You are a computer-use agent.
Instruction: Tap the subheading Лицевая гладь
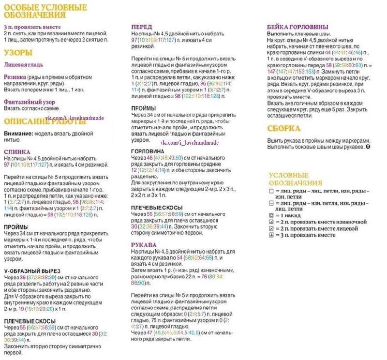[24, 64]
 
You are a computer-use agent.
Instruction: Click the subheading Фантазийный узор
[30, 102]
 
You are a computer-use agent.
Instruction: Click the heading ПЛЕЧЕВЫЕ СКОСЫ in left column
[30, 321]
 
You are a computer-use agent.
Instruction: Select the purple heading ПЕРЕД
[142, 27]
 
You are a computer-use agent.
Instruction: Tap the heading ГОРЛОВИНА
[149, 151]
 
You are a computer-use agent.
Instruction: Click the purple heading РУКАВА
[144, 245]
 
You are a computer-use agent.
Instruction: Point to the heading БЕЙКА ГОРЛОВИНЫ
[298, 27]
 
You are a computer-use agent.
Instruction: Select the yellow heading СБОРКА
[284, 129]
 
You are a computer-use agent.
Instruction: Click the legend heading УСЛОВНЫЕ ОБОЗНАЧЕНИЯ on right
[296, 179]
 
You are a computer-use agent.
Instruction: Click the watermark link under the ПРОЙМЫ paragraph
[190, 143]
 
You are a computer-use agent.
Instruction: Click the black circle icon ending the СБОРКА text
[368, 146]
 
